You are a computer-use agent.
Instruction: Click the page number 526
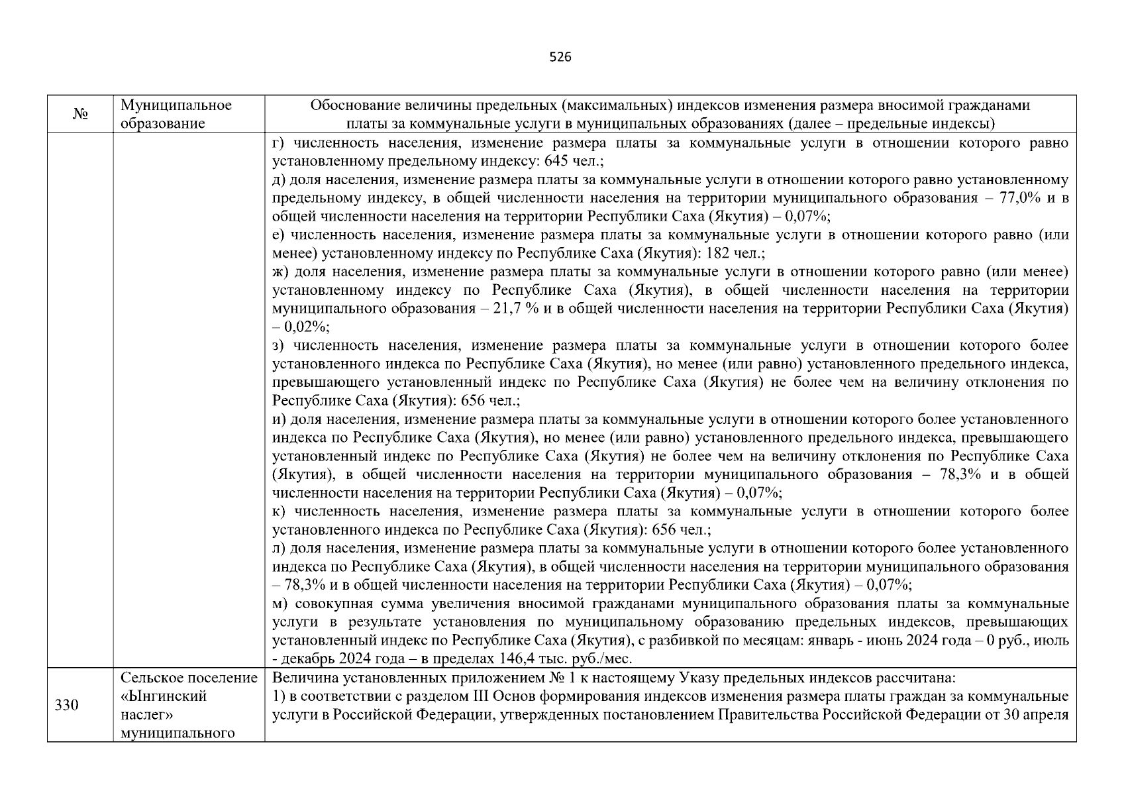(560, 57)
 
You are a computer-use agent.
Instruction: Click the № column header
(80, 115)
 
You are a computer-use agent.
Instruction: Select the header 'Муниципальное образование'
(176, 115)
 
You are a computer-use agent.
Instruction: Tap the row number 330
(66, 706)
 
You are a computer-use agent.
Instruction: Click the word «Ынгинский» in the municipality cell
(164, 696)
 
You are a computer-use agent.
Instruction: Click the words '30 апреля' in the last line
(1038, 715)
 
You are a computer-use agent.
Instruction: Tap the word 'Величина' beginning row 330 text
(297, 678)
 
